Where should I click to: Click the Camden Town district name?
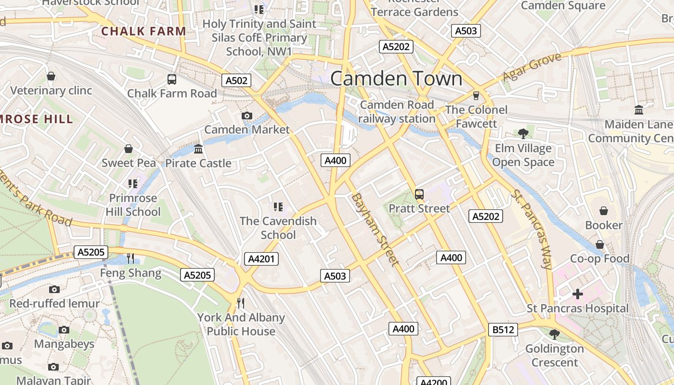coord(396,79)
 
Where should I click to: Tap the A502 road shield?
coord(236,80)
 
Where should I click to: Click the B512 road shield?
coord(503,330)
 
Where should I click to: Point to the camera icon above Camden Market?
coord(247,115)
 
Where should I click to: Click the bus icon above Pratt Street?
coord(419,194)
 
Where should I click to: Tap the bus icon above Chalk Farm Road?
coord(172,79)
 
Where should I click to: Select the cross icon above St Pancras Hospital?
coord(578,294)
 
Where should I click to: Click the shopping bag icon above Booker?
coord(604,211)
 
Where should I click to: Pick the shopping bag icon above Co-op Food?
coord(599,244)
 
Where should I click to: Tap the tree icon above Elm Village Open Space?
coord(523,133)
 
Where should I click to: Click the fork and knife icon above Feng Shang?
coord(130,258)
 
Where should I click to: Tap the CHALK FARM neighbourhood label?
coord(143,31)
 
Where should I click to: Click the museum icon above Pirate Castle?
coord(198,149)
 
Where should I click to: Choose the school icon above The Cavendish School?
coord(278,207)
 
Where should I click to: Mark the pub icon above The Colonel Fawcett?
coord(476,95)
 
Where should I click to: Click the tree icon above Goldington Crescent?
coord(555,334)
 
